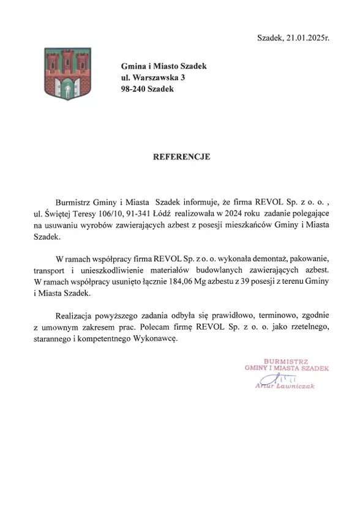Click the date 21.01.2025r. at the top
pos(306,38)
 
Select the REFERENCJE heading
pos(181,157)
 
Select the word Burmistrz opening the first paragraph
pos(73,201)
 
